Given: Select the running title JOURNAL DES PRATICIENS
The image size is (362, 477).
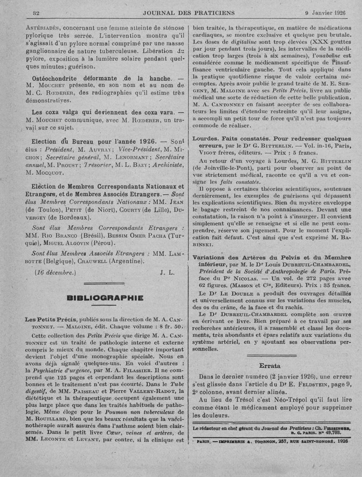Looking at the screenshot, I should (x=189, y=12).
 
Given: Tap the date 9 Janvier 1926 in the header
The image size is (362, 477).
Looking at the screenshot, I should (x=325, y=12).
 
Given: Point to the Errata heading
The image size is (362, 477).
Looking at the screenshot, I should (x=270, y=366).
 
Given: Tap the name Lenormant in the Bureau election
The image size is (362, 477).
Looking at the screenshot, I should (x=136, y=157).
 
